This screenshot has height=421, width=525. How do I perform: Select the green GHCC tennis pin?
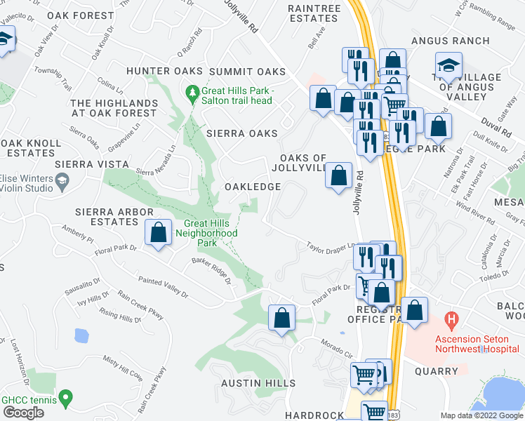click(x=65, y=399)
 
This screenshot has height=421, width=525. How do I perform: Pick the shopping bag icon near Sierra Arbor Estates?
click(x=159, y=232)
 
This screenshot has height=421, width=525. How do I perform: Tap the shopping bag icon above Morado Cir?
click(x=281, y=316)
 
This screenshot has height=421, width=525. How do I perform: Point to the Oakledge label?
click(x=252, y=187)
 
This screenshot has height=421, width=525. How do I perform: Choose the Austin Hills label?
click(x=258, y=383)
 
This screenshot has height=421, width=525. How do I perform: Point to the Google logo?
click(x=23, y=413)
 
